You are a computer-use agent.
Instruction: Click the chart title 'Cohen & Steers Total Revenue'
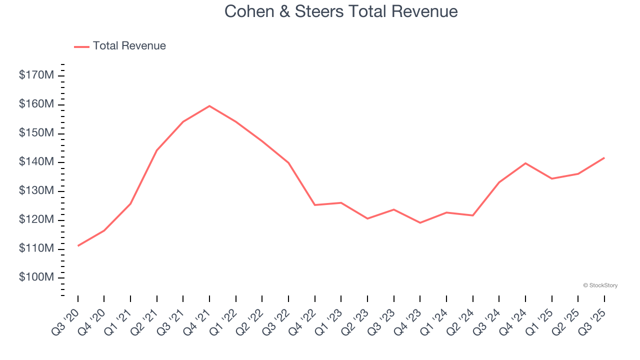pos(341,11)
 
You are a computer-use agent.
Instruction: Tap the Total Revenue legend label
pos(129,46)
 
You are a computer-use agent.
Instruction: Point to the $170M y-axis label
pos(36,75)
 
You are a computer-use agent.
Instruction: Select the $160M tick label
pos(36,104)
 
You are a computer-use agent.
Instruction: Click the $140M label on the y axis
pos(36,162)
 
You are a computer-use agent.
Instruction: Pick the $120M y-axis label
pos(36,220)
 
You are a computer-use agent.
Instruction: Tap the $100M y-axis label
pos(36,277)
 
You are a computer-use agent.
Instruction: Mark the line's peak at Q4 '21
pos(209,106)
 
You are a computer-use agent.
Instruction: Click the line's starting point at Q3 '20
pos(78,245)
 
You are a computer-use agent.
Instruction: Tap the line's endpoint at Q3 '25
pos(604,158)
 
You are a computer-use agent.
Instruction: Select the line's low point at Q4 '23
pos(420,222)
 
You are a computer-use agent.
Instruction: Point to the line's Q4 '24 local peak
pos(525,163)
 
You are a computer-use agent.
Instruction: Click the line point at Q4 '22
pos(315,205)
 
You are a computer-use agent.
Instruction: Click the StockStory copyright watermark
pos(600,285)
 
